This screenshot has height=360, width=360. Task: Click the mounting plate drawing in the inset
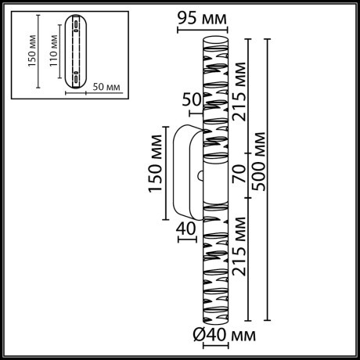click(76, 53)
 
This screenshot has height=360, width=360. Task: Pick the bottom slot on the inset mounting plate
click(76, 79)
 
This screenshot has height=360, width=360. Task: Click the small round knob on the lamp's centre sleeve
click(202, 176)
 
